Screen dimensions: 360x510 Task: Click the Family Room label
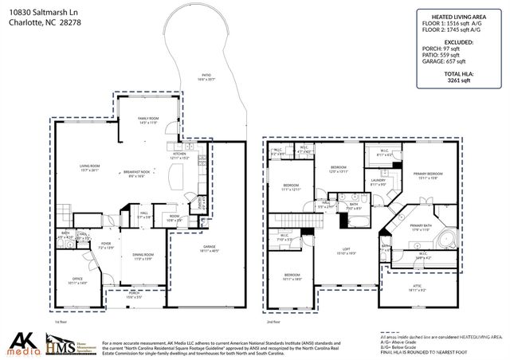click(x=149, y=119)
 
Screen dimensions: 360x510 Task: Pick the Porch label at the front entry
click(x=134, y=295)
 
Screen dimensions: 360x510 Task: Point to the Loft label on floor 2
click(x=346, y=251)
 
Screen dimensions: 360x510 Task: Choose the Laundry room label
click(x=378, y=182)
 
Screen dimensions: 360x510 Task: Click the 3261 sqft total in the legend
click(x=459, y=80)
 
